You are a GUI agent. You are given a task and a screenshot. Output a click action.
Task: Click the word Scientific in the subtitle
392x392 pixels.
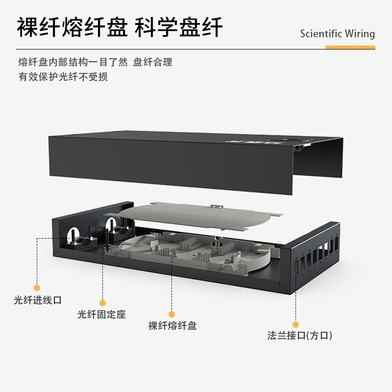tap(322, 34)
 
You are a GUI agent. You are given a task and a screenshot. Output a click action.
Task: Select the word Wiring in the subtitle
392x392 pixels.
tap(360, 34)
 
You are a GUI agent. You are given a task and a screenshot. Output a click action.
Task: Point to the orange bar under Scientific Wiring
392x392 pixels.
tap(350, 47)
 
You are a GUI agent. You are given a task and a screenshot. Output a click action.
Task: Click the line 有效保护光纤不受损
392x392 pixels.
tap(63, 77)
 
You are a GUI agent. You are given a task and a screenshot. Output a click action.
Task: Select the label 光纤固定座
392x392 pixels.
tap(101, 314)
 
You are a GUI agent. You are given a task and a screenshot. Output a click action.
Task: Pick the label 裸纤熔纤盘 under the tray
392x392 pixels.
tap(172, 325)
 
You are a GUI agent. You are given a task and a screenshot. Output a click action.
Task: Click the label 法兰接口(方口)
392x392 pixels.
tap(299, 336)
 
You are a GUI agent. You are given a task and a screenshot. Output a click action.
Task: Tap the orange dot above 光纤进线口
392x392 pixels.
tap(37, 288)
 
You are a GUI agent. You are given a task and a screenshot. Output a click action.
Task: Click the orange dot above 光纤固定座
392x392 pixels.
tap(102, 303)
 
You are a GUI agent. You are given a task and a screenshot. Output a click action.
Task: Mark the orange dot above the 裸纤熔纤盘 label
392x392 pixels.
tap(172, 314)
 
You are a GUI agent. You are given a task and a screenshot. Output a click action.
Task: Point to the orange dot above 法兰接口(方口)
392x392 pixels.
tap(295, 324)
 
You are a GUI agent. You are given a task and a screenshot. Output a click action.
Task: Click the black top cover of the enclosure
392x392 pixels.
tap(171, 162)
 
